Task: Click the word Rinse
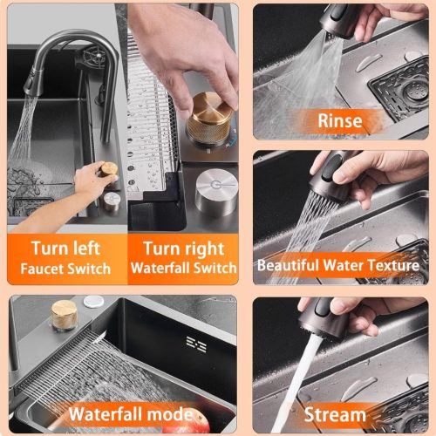340,120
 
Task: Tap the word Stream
335,414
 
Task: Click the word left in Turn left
86,248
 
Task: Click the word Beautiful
289,265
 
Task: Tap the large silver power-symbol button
216,192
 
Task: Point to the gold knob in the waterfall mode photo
65,316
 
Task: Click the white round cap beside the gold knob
93,301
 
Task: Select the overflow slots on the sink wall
196,344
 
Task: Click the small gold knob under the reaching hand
109,170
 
